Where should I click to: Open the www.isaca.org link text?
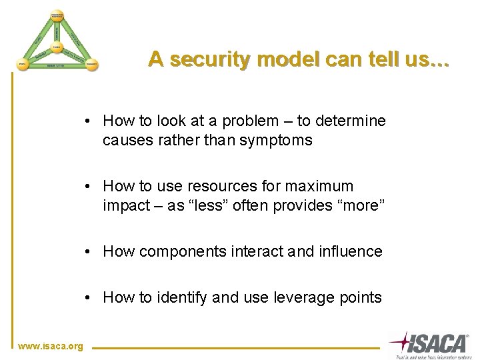[51, 346]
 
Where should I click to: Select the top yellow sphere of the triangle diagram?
[56, 15]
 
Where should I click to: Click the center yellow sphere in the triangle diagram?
[57, 47]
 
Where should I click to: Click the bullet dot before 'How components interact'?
[88, 252]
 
